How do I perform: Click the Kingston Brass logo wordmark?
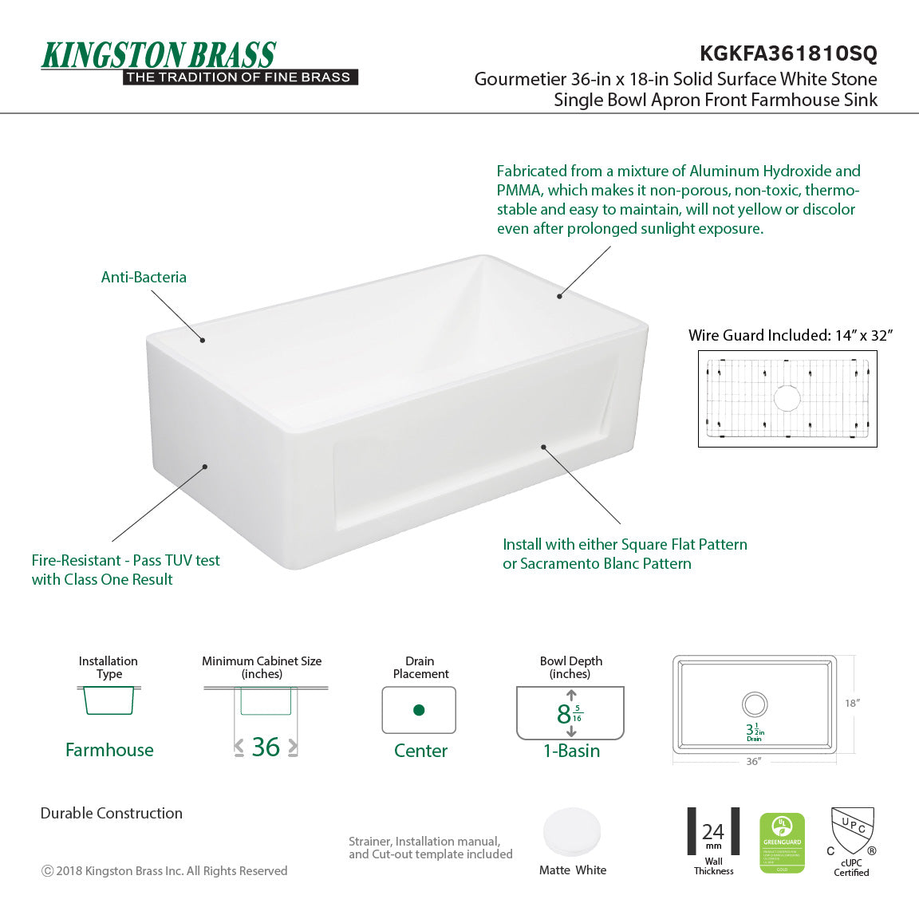[159, 56]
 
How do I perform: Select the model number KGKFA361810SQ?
[787, 53]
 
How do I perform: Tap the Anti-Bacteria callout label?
[144, 278]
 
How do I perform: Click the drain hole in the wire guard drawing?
[787, 397]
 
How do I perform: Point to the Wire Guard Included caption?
[790, 335]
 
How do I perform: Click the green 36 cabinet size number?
[266, 747]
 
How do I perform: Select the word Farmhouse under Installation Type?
[109, 750]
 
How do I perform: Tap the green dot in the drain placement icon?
[419, 710]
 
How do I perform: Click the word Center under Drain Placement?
[420, 751]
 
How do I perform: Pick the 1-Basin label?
[571, 751]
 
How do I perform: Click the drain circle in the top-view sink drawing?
[754, 704]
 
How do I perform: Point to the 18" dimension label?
[851, 703]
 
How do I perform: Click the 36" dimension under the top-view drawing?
[753, 762]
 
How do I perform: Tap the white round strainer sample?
[572, 832]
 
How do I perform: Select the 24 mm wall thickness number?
[713, 832]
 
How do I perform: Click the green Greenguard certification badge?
[782, 842]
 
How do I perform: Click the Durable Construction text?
[112, 813]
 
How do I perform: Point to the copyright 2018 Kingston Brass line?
[164, 871]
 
